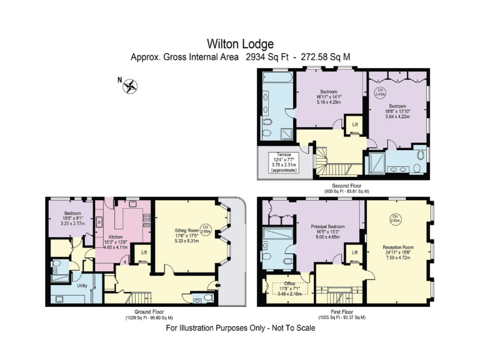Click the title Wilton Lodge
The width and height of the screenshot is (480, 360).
pyautogui.click(x=240, y=44)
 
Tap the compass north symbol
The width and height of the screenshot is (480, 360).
pyautogui.click(x=131, y=86)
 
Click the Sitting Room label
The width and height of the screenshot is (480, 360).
pyautogui.click(x=187, y=230)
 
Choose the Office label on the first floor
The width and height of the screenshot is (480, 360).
pyautogui.click(x=288, y=283)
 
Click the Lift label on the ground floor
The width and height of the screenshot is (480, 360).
pyautogui.click(x=144, y=252)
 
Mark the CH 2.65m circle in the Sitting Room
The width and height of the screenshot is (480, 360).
pyautogui.click(x=206, y=229)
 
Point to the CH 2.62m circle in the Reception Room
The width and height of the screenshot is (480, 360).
pyautogui.click(x=395, y=219)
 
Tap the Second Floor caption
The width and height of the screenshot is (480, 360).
pyautogui.click(x=346, y=187)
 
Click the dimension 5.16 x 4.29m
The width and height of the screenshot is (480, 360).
pyautogui.click(x=329, y=102)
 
